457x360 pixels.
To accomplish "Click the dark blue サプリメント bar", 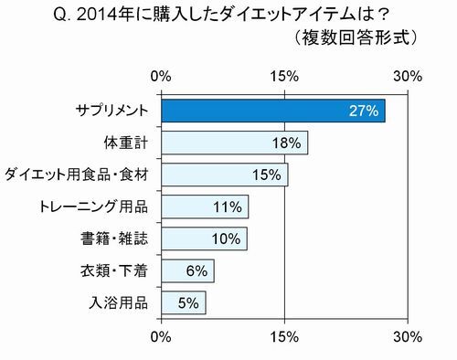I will (x=273, y=111).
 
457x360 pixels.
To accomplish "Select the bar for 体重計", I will (x=235, y=143).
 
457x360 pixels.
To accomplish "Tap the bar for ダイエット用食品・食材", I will (x=225, y=175).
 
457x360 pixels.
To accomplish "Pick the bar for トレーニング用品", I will (x=205, y=206).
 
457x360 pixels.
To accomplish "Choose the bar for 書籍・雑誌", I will (x=204, y=238).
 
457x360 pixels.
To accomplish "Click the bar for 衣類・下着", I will (x=187, y=270).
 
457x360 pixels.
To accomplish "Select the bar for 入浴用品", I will (x=184, y=302).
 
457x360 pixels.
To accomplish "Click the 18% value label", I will (x=287, y=143).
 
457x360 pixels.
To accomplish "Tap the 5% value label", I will (x=188, y=302).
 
